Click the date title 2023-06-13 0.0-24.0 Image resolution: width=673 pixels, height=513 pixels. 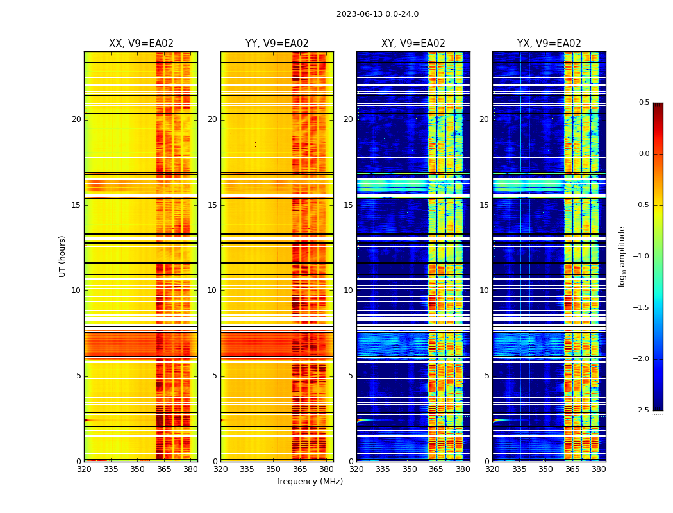[378, 14]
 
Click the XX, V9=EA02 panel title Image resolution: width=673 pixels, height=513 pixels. [141, 44]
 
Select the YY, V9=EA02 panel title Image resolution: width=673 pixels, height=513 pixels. [277, 44]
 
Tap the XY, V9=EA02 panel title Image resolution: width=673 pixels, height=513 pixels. [413, 44]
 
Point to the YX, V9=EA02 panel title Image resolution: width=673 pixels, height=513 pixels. [549, 44]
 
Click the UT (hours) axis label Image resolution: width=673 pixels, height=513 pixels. [62, 256]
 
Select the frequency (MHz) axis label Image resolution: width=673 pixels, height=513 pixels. [310, 482]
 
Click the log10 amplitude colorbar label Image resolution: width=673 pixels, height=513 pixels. [622, 256]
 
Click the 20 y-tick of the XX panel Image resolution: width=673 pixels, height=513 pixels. [76, 119]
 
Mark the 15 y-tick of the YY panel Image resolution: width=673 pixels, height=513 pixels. [212, 205]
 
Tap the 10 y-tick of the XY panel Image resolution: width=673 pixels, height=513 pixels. [348, 290]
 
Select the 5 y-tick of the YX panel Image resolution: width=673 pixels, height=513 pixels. [486, 376]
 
